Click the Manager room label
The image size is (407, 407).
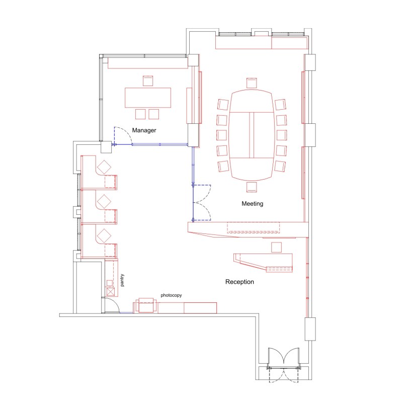[144, 130]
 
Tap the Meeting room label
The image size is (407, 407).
[253, 204]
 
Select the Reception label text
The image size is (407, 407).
[239, 282]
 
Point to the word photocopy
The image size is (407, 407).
[171, 295]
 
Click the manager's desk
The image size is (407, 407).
[148, 97]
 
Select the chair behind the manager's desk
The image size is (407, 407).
[147, 80]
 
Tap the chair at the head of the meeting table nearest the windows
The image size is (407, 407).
[252, 83]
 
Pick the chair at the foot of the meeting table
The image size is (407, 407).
[252, 187]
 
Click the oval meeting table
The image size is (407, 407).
[252, 135]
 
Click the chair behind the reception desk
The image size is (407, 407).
[276, 247]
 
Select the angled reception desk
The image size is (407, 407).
[264, 262]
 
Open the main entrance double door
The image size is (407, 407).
[285, 359]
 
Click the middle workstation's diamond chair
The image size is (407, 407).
[104, 201]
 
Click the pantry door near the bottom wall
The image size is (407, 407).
[111, 305]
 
